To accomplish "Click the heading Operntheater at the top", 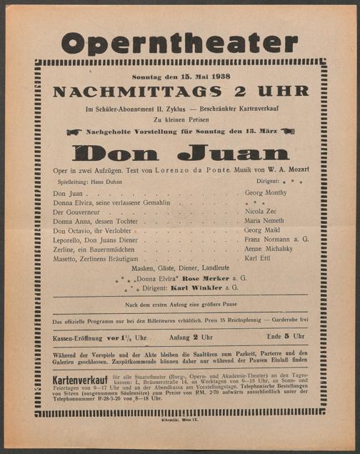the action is click(179, 43).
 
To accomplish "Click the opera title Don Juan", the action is click(180, 152).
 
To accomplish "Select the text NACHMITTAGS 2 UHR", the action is click(180, 92).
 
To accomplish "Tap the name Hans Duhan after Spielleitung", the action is click(107, 182).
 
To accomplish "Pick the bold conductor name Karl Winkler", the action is click(194, 288).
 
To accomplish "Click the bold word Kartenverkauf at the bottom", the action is click(80, 377).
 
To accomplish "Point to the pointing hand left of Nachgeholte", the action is click(74, 132).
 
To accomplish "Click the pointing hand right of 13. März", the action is click(287, 132).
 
